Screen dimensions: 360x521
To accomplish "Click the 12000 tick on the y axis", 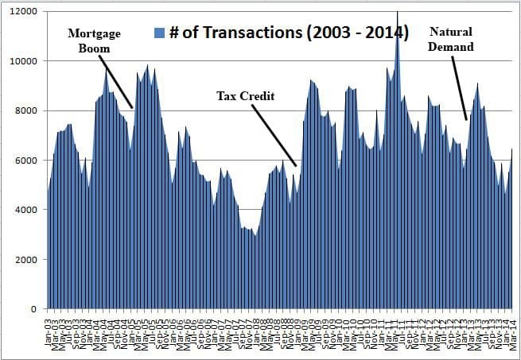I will click(x=26, y=12).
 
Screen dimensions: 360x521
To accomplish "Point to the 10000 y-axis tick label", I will click(x=26, y=61).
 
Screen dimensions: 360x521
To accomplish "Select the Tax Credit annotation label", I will click(x=246, y=96).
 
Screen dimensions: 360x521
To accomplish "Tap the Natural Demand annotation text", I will click(x=451, y=39).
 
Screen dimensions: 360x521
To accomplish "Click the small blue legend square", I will click(x=157, y=33).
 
